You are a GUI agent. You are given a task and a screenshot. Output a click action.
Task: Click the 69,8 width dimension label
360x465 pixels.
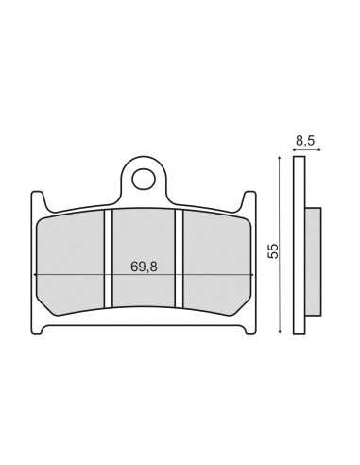pyautogui.click(x=144, y=267)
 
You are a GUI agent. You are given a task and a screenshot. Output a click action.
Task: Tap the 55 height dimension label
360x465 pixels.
pyautogui.click(x=273, y=250)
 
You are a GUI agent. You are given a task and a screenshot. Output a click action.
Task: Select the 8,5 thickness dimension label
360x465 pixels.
pyautogui.click(x=305, y=141)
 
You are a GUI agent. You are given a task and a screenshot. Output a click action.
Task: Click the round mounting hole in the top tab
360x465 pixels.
pyautogui.click(x=144, y=180)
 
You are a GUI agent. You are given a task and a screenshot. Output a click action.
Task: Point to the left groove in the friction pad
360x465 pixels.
pyautogui.click(x=108, y=259)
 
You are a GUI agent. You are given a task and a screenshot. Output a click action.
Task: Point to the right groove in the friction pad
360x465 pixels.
pyautogui.click(x=179, y=259)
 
